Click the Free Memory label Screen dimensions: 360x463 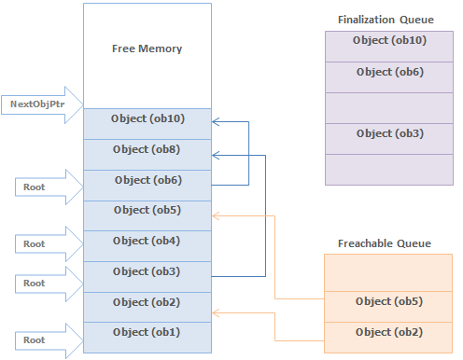[147, 48]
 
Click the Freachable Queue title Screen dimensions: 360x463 [384, 243]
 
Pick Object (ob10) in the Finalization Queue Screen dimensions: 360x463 [388, 40]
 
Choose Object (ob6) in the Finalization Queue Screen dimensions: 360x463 [388, 72]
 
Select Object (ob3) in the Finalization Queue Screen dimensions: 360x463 [388, 133]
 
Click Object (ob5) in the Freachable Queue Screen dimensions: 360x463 [388, 301]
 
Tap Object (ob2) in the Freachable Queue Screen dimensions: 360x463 [388, 332]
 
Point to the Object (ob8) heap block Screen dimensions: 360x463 [146, 149]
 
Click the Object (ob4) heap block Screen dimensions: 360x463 [146, 241]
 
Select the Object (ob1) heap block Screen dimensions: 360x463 [146, 332]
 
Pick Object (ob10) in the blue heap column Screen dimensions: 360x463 [146, 118]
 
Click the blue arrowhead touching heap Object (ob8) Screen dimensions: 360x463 [217, 155]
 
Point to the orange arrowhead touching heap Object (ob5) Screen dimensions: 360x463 [217, 215]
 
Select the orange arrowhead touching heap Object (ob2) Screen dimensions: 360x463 [217, 312]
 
